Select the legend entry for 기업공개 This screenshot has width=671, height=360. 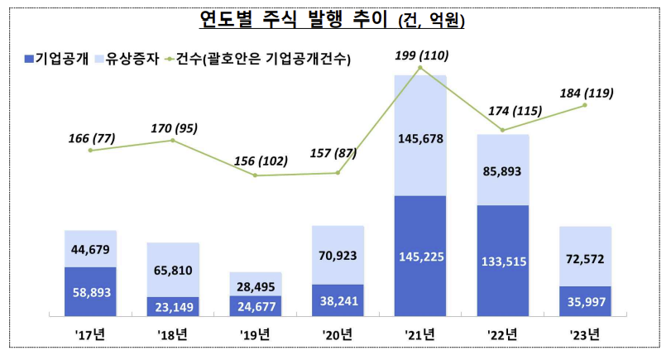click(x=62, y=59)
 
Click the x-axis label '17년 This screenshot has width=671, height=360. click(x=90, y=335)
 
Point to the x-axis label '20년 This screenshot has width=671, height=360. click(x=338, y=335)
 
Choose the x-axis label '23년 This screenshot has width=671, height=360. click(x=585, y=335)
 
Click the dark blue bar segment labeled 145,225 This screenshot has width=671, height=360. click(x=420, y=256)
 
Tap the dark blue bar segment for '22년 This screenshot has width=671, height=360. click(x=503, y=261)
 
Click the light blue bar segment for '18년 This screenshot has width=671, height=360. click(x=173, y=269)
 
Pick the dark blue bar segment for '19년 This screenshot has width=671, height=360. click(x=256, y=306)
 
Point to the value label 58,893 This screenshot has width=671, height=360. click(x=90, y=292)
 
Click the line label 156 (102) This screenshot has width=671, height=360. click(x=256, y=161)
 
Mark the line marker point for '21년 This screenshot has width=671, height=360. click(x=420, y=67)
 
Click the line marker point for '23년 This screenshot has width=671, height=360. click(x=585, y=105)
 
